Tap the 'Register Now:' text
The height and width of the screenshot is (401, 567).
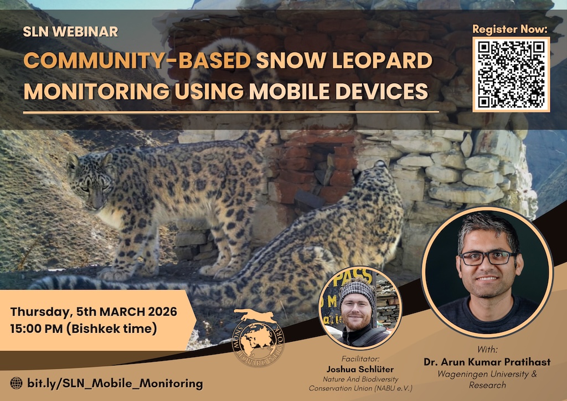point(510,29)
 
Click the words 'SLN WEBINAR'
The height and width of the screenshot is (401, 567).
point(70,32)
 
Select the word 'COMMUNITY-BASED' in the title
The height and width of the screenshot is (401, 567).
point(137,61)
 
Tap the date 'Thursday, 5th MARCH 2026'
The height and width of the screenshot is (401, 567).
point(94,311)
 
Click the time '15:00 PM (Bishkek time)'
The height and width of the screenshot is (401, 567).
point(83,328)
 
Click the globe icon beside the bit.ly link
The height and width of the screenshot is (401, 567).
point(17,383)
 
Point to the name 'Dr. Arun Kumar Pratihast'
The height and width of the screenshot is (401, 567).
point(487,362)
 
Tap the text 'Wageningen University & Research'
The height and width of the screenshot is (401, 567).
point(487,379)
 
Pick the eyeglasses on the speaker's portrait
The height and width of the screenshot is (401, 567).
point(487,258)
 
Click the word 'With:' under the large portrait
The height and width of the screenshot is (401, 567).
point(487,350)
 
